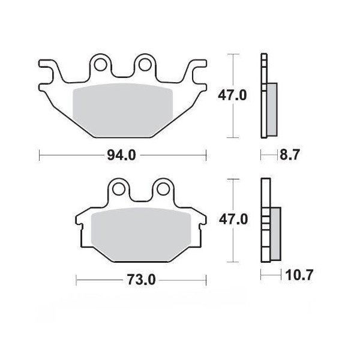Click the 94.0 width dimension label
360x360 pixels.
pyautogui.click(x=122, y=156)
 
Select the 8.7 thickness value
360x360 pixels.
pyautogui.click(x=288, y=156)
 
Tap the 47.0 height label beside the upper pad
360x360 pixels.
pyautogui.click(x=231, y=95)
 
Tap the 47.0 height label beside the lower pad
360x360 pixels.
pyautogui.click(x=231, y=220)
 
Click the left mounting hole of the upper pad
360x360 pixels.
pyautogui.click(x=100, y=63)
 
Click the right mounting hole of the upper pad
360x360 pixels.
pyautogui.click(x=145, y=63)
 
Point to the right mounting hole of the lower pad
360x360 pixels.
pyautogui.click(x=162, y=188)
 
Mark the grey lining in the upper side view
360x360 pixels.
pyautogui.click(x=272, y=108)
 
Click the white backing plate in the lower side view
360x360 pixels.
pyautogui.click(x=265, y=198)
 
